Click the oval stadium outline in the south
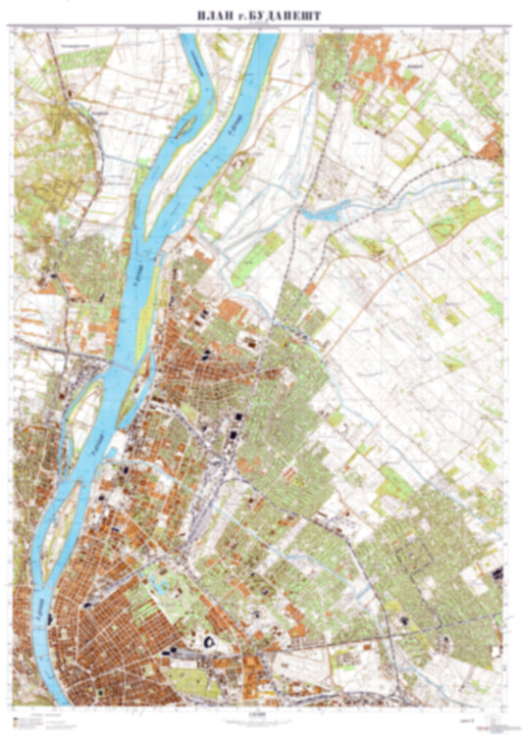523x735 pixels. click(209, 640)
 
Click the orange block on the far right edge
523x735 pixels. click(491, 152)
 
